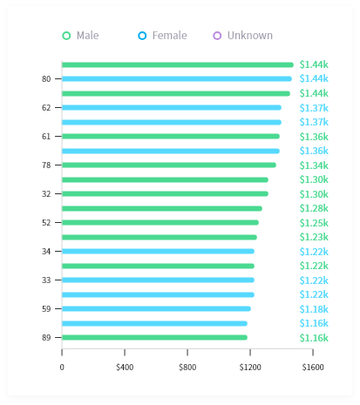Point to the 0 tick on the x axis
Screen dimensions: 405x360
62,367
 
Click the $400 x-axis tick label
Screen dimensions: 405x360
125,367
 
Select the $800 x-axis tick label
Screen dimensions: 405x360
187,367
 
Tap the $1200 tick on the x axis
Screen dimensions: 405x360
250,367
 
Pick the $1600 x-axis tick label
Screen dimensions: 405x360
313,367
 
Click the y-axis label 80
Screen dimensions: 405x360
46,79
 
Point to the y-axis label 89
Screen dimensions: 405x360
46,338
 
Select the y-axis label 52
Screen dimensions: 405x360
46,223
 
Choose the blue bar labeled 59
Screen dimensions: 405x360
156,309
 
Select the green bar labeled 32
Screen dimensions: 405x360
165,194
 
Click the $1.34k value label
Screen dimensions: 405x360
314,165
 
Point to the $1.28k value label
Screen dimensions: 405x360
314,208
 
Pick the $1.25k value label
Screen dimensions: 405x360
314,223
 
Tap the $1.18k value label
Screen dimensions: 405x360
314,309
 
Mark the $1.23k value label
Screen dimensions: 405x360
314,237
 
